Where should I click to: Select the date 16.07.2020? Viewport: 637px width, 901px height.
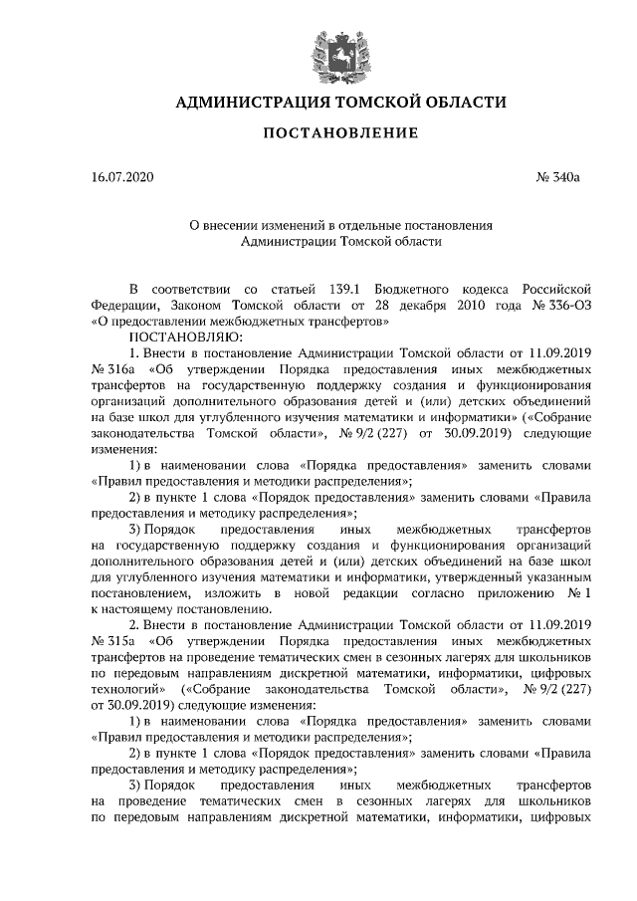(x=122, y=178)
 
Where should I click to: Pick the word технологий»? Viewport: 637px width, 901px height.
(x=126, y=688)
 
